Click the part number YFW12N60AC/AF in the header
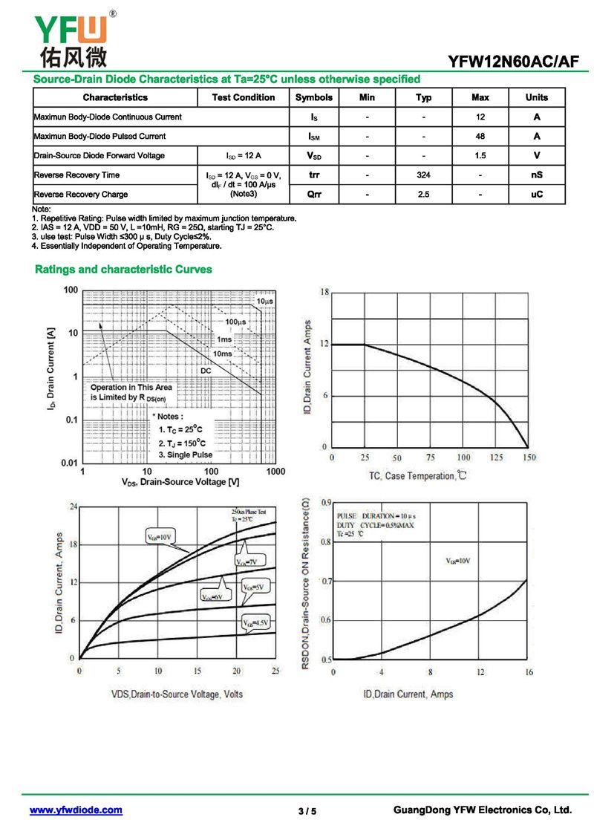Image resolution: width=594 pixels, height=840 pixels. (512, 61)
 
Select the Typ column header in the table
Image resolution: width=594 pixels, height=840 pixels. (423, 97)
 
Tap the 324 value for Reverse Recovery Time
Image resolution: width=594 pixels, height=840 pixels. (423, 175)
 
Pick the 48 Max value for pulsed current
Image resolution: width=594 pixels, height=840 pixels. (480, 137)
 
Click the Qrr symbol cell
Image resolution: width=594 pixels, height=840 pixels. (314, 195)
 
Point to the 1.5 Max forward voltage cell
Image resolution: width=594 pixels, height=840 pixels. (480, 156)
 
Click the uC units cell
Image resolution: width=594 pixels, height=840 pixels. (537, 195)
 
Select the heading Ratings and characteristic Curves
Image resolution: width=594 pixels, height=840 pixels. (123, 270)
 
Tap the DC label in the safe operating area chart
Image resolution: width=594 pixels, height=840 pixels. (206, 370)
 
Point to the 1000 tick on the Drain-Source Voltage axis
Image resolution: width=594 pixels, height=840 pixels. (275, 472)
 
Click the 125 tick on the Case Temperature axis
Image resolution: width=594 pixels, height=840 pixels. (495, 458)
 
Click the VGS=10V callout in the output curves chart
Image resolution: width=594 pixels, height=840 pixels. (159, 535)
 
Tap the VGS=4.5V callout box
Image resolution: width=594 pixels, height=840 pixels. (256, 622)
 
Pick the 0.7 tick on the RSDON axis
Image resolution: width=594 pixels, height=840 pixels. (326, 581)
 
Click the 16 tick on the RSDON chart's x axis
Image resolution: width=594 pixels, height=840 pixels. (528, 672)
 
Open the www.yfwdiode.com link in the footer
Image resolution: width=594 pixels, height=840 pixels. (76, 810)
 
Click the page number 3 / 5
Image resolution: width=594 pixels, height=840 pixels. (307, 811)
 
